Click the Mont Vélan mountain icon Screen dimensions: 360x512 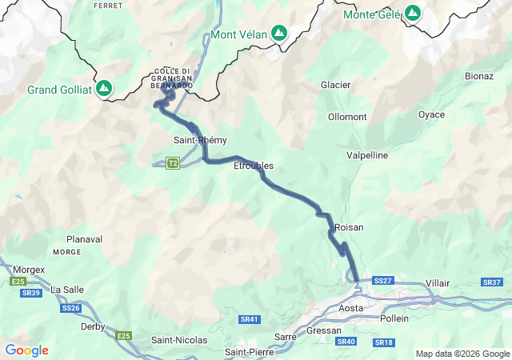tap(278, 34)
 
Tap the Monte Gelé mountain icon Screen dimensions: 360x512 tap(412, 14)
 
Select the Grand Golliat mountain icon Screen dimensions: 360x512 tap(104, 89)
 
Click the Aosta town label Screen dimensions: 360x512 tap(351, 308)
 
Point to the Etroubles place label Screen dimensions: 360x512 tap(253, 166)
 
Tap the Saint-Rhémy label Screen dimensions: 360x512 tap(195, 140)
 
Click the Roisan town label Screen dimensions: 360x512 tap(349, 228)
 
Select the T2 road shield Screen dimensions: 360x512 tap(173, 164)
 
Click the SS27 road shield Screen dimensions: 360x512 tap(383, 281)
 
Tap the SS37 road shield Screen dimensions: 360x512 tap(491, 283)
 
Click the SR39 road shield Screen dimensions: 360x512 tap(31, 294)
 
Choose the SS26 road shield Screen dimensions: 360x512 tap(70, 308)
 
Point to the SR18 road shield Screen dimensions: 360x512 tap(384, 342)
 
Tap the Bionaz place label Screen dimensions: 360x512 tap(479, 76)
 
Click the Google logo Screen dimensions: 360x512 tap(26, 350)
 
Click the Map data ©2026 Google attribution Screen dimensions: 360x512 tap(462, 354)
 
